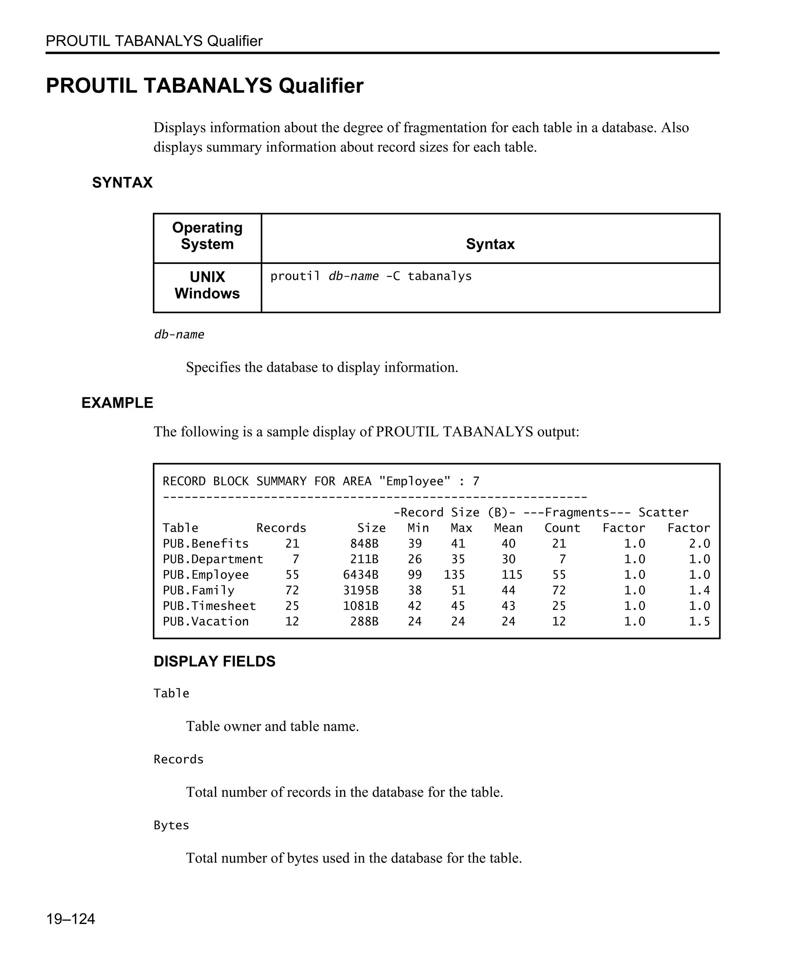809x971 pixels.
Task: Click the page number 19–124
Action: click(70, 919)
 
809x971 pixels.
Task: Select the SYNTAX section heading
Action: click(122, 183)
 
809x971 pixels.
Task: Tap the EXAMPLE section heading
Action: click(117, 403)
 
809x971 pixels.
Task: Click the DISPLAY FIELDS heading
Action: click(214, 661)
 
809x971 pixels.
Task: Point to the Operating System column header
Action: click(207, 236)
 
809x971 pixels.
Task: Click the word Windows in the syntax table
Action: click(207, 294)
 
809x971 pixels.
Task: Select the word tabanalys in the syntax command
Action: click(439, 277)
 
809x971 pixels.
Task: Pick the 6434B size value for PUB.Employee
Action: click(360, 575)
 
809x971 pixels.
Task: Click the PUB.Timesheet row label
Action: click(209, 606)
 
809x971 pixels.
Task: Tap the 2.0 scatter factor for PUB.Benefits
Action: click(699, 544)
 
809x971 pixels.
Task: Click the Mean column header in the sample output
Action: click(508, 528)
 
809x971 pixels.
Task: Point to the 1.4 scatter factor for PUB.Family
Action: click(699, 591)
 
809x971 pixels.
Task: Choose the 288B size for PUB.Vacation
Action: click(364, 621)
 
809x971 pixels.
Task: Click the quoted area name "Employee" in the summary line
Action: click(414, 481)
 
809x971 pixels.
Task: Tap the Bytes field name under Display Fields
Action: click(171, 825)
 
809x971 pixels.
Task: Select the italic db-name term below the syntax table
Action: click(179, 335)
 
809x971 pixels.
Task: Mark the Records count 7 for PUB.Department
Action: click(295, 559)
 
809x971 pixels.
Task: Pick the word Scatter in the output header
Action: click(663, 512)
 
